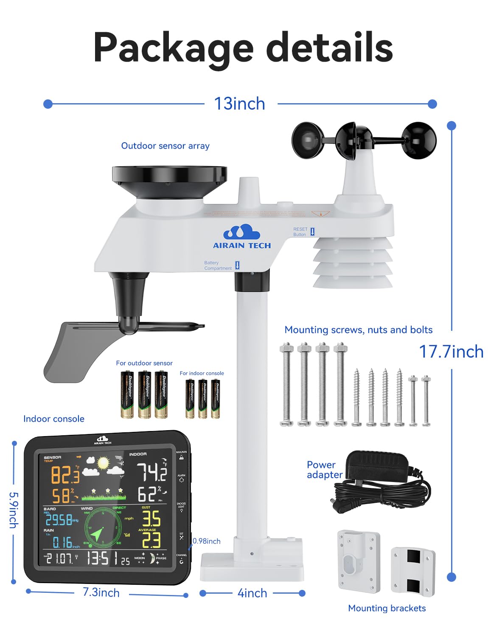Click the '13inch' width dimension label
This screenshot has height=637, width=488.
[239, 104]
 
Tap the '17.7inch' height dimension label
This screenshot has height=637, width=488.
[451, 352]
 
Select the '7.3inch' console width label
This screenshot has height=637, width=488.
[101, 592]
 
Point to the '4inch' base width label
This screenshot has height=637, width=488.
[252, 593]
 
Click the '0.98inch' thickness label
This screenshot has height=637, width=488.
[207, 541]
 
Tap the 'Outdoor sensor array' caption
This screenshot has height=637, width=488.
[165, 146]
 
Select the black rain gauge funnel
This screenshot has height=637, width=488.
[169, 180]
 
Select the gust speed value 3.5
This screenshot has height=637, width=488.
[151, 519]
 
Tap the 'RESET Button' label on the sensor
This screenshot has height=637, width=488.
[300, 231]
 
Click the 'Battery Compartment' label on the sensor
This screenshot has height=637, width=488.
[218, 265]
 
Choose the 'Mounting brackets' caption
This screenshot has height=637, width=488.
[387, 608]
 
